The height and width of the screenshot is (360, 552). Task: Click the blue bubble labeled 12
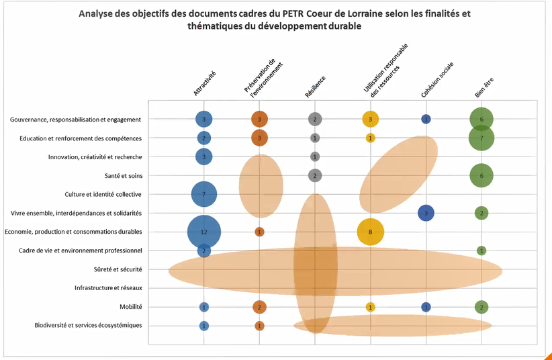(204, 232)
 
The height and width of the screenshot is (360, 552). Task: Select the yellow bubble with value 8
(370, 232)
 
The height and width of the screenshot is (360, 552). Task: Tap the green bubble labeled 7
(481, 138)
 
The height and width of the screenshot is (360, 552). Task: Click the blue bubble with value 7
(204, 194)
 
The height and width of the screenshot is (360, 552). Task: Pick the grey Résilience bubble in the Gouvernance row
(314, 120)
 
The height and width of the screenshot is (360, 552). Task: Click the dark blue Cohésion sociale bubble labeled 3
(426, 213)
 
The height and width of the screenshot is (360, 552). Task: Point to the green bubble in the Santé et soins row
(481, 175)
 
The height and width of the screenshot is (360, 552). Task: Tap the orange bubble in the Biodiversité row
(259, 326)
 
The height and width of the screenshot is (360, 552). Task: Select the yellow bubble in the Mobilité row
(370, 307)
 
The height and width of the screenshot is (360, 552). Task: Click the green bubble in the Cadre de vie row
(481, 251)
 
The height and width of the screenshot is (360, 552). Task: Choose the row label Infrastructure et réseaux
(107, 288)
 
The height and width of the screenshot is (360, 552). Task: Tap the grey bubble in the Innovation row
(314, 156)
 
